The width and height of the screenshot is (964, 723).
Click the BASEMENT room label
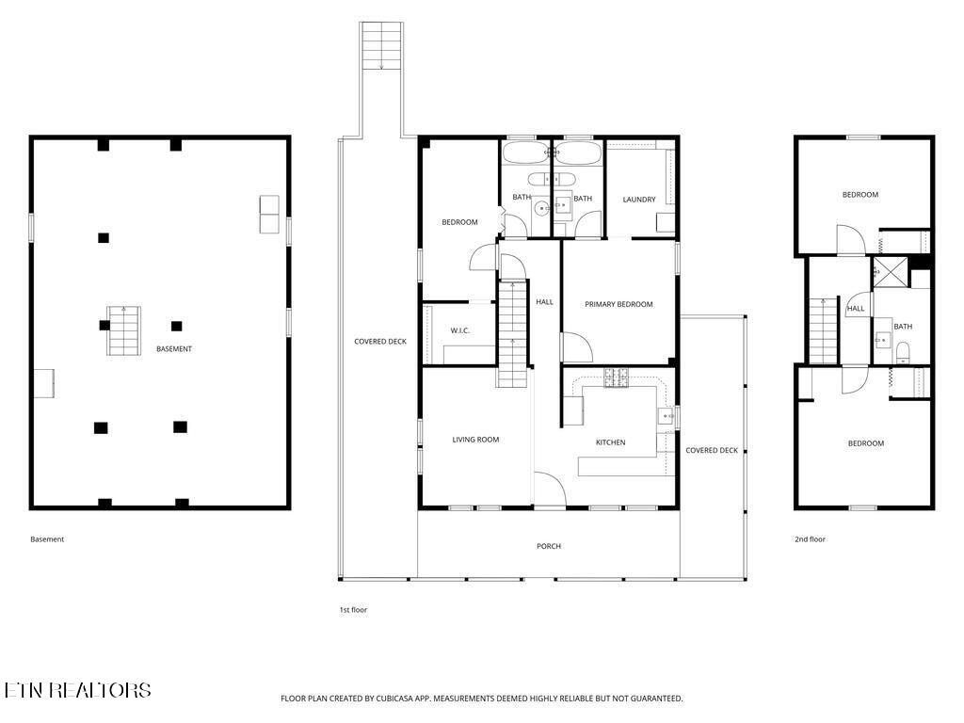click(174, 349)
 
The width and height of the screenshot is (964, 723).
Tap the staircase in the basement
click(124, 330)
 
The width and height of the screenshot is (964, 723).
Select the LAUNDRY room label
click(639, 200)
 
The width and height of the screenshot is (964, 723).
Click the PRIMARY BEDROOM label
click(619, 304)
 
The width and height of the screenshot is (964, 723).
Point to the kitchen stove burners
click(616, 378)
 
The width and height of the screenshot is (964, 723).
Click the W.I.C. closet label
click(459, 330)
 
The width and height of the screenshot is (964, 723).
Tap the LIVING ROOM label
click(475, 440)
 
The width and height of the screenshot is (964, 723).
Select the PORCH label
click(549, 546)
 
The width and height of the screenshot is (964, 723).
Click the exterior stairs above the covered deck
click(382, 45)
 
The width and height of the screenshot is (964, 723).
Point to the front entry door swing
click(550, 489)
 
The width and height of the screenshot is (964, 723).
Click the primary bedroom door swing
click(578, 347)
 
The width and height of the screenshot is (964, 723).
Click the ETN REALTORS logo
click(77, 690)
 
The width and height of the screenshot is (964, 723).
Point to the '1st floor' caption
click(353, 610)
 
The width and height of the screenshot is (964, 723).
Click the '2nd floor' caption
click(810, 539)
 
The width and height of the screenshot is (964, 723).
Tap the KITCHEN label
click(610, 442)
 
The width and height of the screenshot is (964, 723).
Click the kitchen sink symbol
click(666, 417)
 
